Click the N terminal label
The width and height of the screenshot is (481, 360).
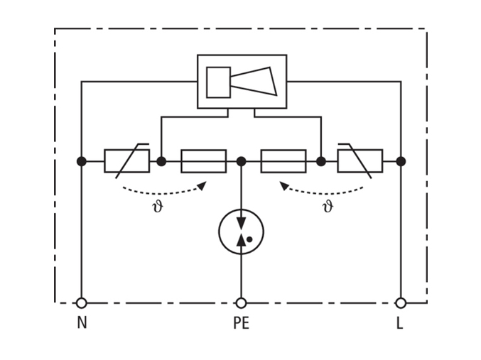pos(82,322)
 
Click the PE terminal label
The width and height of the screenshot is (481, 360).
pos(242,322)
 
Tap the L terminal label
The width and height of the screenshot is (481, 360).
pos(400,322)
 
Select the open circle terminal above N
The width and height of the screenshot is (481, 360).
pos(82,303)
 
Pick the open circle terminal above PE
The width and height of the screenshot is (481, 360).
pos(241,303)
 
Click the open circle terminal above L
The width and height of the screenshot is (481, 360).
pos(401,303)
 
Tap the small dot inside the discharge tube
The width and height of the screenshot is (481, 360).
pos(249,239)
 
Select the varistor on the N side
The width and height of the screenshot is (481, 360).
pos(127,161)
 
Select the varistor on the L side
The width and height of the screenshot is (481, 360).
pos(360,161)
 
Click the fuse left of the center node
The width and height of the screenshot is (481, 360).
pos(204,161)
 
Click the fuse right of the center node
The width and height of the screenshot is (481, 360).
pos(283,161)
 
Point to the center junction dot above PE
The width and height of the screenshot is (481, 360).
pos(241,161)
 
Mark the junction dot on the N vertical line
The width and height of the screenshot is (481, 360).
pos(82,161)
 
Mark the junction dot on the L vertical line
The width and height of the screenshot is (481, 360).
pos(401,161)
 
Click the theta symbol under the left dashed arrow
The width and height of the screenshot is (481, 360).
pos(158,207)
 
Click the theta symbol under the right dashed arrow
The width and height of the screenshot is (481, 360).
pos(328,207)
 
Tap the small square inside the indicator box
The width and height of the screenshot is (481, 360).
pos(218,82)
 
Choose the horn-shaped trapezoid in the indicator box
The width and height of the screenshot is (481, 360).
pos(254,81)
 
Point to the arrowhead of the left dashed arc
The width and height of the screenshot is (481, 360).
pos(202,185)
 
